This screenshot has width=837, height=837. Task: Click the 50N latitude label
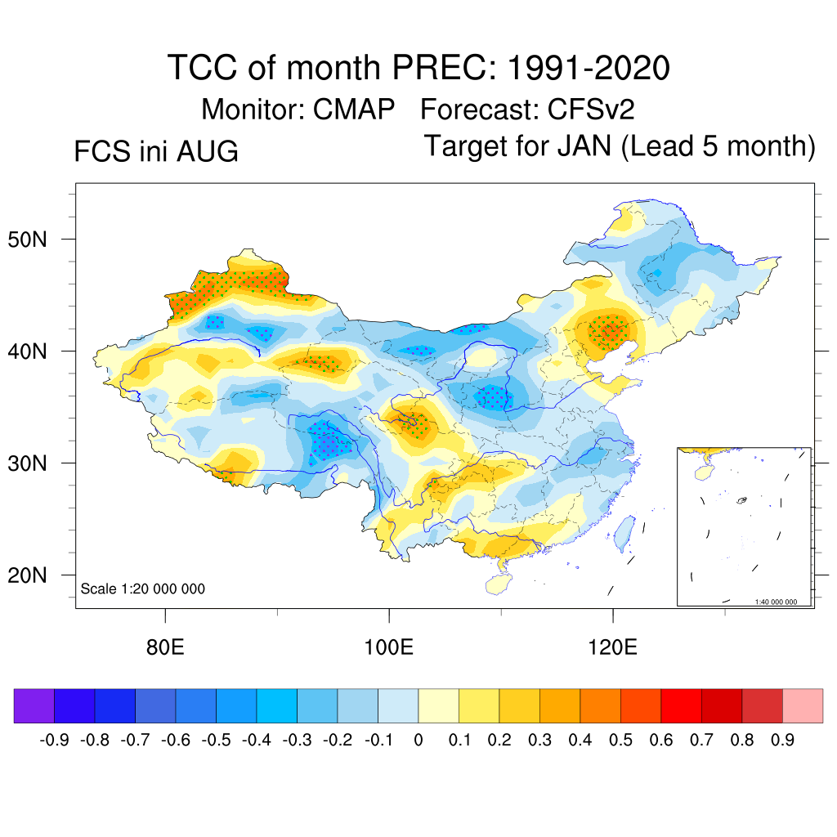click(27, 239)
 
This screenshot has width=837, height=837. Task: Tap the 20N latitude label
click(27, 575)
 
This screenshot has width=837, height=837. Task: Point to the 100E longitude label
click(388, 647)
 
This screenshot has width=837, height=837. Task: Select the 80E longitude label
click(165, 647)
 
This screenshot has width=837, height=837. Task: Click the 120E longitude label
click(612, 647)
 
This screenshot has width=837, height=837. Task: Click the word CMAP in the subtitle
click(353, 110)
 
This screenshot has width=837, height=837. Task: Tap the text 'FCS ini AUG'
click(156, 151)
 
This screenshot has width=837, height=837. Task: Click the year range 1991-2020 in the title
click(589, 68)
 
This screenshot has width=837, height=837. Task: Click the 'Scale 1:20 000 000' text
click(142, 589)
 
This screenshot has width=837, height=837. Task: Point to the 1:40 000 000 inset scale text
click(776, 602)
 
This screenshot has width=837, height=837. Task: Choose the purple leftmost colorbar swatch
click(34, 705)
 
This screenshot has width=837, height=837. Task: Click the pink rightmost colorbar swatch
click(803, 705)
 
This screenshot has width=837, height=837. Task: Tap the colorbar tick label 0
click(418, 740)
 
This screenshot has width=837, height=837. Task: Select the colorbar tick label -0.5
click(216, 740)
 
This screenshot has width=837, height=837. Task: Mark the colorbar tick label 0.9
click(782, 740)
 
